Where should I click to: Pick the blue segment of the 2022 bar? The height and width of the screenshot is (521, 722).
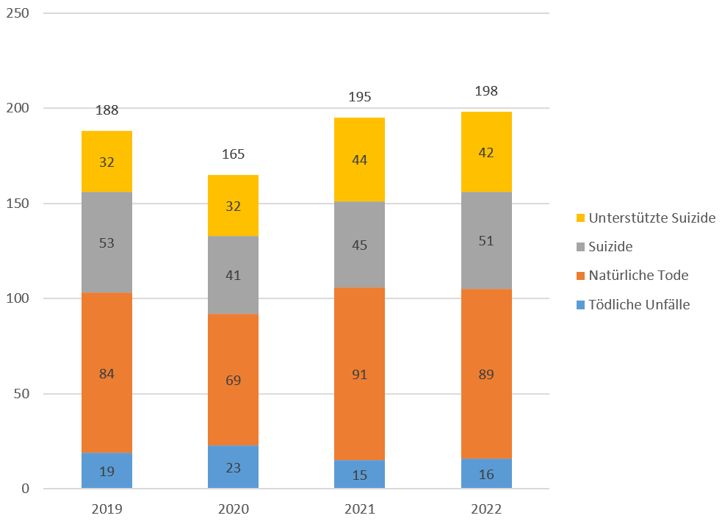pyautogui.click(x=486, y=474)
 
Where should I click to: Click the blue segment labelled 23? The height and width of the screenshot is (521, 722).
pyautogui.click(x=233, y=467)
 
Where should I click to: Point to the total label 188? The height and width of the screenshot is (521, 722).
pyautogui.click(x=107, y=110)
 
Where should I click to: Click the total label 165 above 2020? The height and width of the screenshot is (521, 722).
pyautogui.click(x=233, y=154)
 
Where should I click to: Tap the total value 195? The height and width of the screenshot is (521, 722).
pyautogui.click(x=359, y=97)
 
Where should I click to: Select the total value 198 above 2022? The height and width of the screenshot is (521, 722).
pyautogui.click(x=486, y=91)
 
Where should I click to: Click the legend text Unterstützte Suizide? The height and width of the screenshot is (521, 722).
pyautogui.click(x=651, y=218)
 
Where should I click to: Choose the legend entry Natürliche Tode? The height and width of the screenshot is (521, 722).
pyautogui.click(x=638, y=276)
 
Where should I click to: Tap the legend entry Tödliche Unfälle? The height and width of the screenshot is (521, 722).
pyautogui.click(x=639, y=304)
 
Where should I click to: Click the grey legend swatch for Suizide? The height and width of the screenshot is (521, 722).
pyautogui.click(x=580, y=247)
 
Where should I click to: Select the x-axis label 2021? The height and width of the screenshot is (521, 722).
pyautogui.click(x=359, y=509)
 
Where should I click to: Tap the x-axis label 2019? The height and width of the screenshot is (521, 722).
pyautogui.click(x=107, y=509)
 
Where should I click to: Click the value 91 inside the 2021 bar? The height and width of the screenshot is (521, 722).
pyautogui.click(x=359, y=374)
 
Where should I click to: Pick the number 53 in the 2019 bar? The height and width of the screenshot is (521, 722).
pyautogui.click(x=107, y=242)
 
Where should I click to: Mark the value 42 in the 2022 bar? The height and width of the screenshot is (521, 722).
pyautogui.click(x=486, y=153)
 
